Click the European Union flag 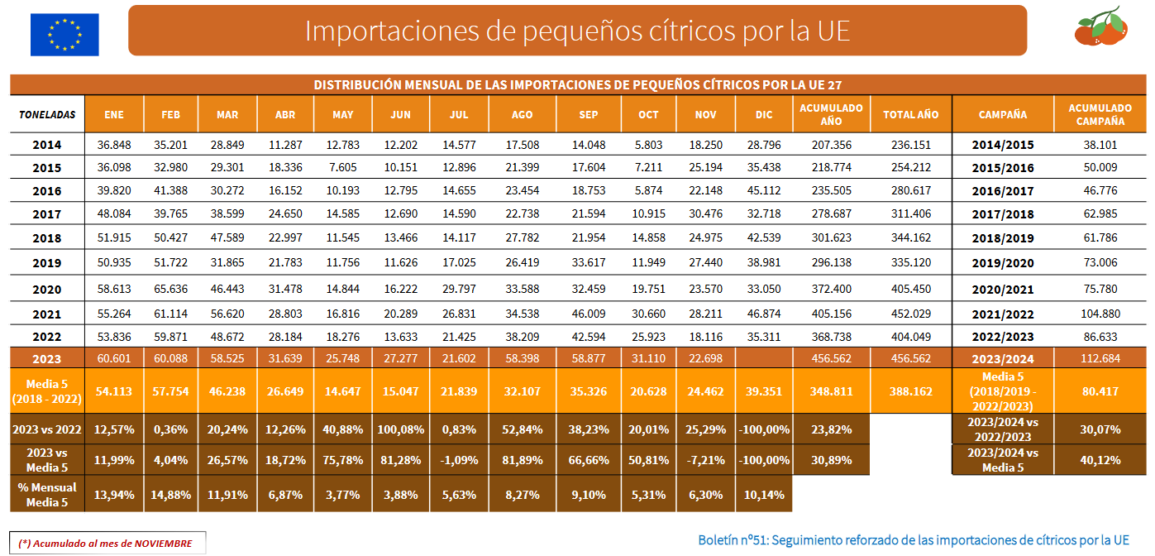point(64,34)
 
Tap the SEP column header point(589,115)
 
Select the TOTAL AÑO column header point(910,115)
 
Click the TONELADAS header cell point(47,115)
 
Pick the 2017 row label point(47,215)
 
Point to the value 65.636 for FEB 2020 point(170,290)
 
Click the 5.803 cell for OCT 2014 point(648,145)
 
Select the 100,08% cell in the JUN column point(401,429)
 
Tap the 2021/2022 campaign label point(1002,314)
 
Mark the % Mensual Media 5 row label point(47,495)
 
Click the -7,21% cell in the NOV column point(706,459)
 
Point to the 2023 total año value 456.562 point(910,359)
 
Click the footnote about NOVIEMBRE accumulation point(105,543)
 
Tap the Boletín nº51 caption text point(913,539)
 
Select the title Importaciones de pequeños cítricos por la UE point(577,31)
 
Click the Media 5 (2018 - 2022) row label point(47,391)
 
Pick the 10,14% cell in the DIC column point(764,495)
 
